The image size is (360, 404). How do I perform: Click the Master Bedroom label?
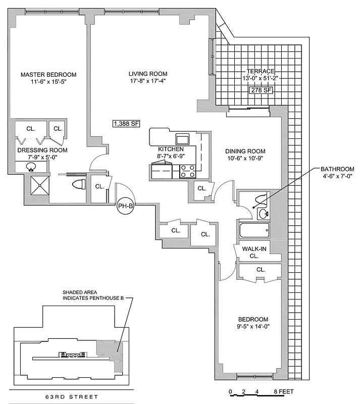[48, 75]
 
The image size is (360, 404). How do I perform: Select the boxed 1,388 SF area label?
[126, 123]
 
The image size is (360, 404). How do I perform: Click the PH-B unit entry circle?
[125, 206]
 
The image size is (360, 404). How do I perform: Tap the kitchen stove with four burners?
[188, 171]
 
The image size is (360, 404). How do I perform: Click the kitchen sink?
[182, 139]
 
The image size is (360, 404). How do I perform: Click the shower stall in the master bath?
[38, 185]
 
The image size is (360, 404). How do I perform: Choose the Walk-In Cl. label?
[251, 252]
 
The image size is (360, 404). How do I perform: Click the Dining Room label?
[245, 151]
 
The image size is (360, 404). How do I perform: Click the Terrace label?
[261, 72]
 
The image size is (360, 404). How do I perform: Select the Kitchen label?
[171, 149]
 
